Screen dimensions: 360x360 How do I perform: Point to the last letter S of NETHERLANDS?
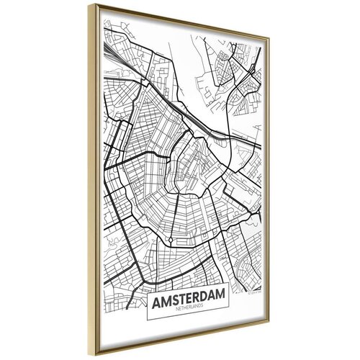pos(201,309)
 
